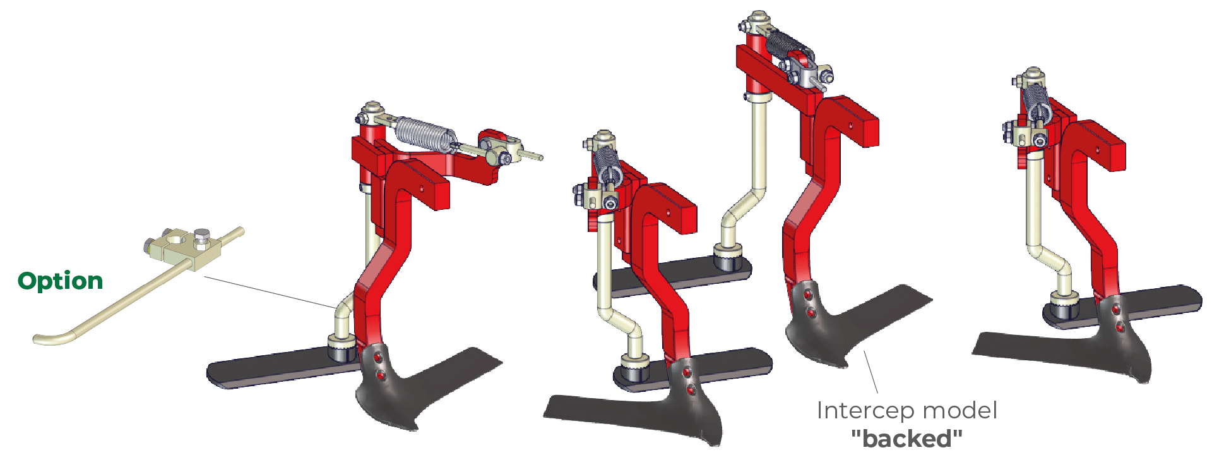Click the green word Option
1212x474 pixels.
(x=60, y=281)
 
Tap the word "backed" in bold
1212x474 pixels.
(x=906, y=438)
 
